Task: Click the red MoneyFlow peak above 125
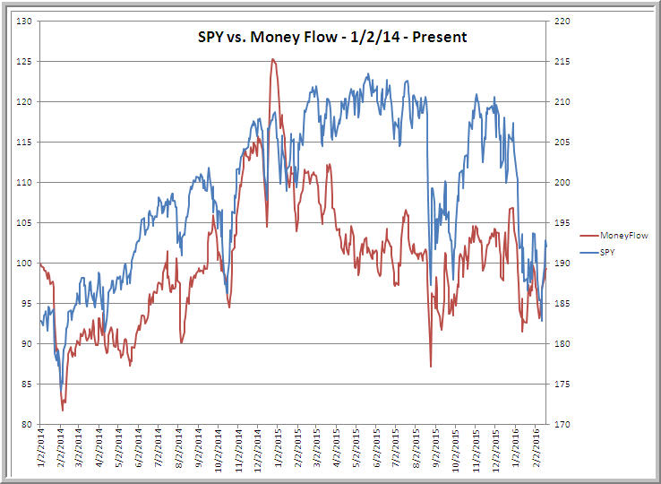(273, 60)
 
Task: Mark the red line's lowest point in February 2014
(63, 410)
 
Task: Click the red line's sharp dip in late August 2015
(431, 366)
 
